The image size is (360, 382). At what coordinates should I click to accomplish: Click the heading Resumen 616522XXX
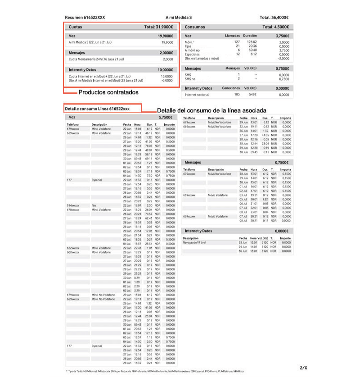pyautogui.click(x=85, y=17)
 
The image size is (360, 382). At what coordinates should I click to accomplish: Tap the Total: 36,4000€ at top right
pyautogui.click(x=274, y=17)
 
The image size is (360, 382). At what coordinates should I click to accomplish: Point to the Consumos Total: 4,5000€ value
pyautogui.click(x=274, y=27)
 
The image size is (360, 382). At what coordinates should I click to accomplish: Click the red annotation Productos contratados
pyautogui.click(x=108, y=93)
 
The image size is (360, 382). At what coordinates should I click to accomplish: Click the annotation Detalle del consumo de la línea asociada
pyautogui.click(x=211, y=110)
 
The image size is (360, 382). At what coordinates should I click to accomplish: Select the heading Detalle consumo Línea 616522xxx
pyautogui.click(x=97, y=109)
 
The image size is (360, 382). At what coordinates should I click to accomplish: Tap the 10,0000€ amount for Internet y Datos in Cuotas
pyautogui.click(x=165, y=70)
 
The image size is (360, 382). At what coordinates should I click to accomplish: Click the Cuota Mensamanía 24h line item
pyautogui.click(x=97, y=59)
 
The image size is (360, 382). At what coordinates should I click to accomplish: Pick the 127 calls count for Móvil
pyautogui.click(x=237, y=41)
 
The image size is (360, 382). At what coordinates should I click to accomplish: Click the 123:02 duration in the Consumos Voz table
pyautogui.click(x=252, y=41)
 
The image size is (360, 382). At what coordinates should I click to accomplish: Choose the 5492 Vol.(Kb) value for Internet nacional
pyautogui.click(x=252, y=95)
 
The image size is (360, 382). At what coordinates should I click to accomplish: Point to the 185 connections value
pyautogui.click(x=237, y=95)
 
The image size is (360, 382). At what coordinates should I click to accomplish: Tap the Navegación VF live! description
pyautogui.click(x=194, y=242)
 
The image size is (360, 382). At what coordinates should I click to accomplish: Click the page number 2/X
pyautogui.click(x=303, y=368)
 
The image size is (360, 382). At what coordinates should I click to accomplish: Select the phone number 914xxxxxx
pyautogui.click(x=73, y=205)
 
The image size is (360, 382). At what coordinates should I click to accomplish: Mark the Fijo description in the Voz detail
pyautogui.click(x=94, y=205)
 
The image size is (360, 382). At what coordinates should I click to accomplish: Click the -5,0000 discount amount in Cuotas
pyautogui.click(x=167, y=80)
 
